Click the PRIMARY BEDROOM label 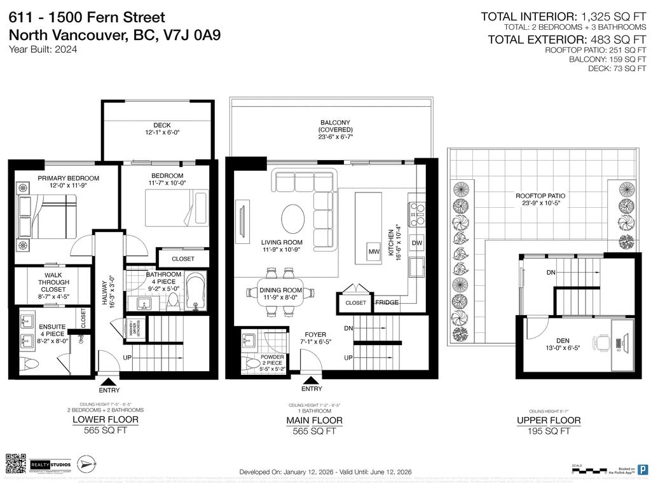(68, 178)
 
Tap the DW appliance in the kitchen (417, 243)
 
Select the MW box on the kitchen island (374, 252)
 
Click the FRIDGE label (387, 302)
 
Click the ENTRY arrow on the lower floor (109, 381)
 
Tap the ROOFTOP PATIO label (540, 196)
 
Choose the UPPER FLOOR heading (548, 420)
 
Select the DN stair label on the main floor (348, 329)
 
